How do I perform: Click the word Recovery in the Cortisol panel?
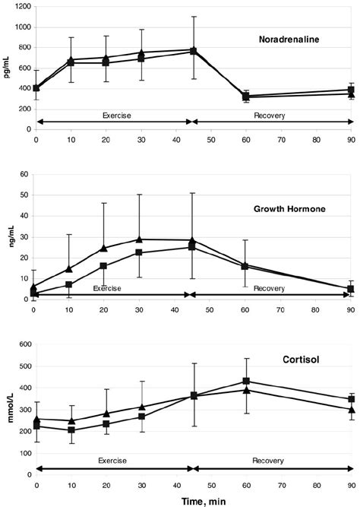(272, 461)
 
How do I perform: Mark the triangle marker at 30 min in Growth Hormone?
(139, 239)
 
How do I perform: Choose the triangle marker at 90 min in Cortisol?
(351, 409)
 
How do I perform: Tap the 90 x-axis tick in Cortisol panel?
(351, 483)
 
